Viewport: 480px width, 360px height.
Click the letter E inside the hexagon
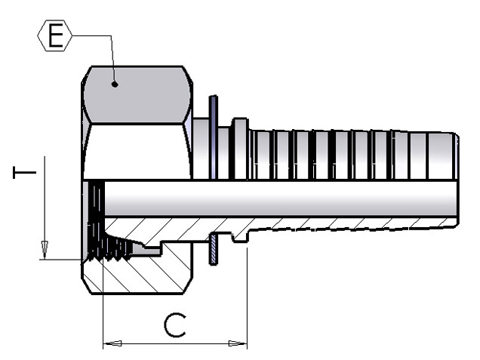click(x=56, y=35)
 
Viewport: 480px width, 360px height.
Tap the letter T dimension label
click(x=24, y=172)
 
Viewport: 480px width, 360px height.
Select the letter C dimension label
click(x=175, y=325)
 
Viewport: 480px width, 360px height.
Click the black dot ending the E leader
click(x=115, y=85)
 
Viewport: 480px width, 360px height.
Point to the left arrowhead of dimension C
click(x=112, y=343)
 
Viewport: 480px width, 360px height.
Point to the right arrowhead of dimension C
click(x=238, y=343)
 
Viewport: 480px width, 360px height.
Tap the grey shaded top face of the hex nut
click(x=137, y=95)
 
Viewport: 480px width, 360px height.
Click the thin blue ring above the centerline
click(x=214, y=137)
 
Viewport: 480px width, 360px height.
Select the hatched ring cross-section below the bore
click(x=214, y=249)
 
